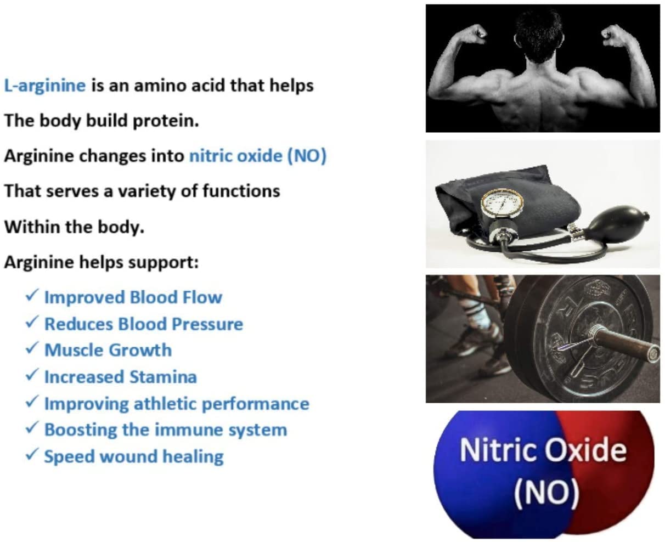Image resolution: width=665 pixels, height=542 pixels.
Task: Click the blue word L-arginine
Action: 45,86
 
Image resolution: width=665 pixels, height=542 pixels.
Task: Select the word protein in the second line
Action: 166,121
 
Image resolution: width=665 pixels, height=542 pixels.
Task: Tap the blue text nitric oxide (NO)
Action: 258,156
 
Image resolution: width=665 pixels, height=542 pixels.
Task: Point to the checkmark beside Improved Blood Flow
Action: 32,295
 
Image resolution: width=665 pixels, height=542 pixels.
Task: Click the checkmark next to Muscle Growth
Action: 32,348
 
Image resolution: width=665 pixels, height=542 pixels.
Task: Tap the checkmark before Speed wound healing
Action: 32,454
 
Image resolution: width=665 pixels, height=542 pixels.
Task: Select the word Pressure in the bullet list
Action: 207,324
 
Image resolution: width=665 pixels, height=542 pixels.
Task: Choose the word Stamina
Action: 164,377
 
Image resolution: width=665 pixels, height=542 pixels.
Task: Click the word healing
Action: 193,457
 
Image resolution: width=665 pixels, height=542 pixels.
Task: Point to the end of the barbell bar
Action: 654,353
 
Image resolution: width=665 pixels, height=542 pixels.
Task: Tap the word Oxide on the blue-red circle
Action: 586,450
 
